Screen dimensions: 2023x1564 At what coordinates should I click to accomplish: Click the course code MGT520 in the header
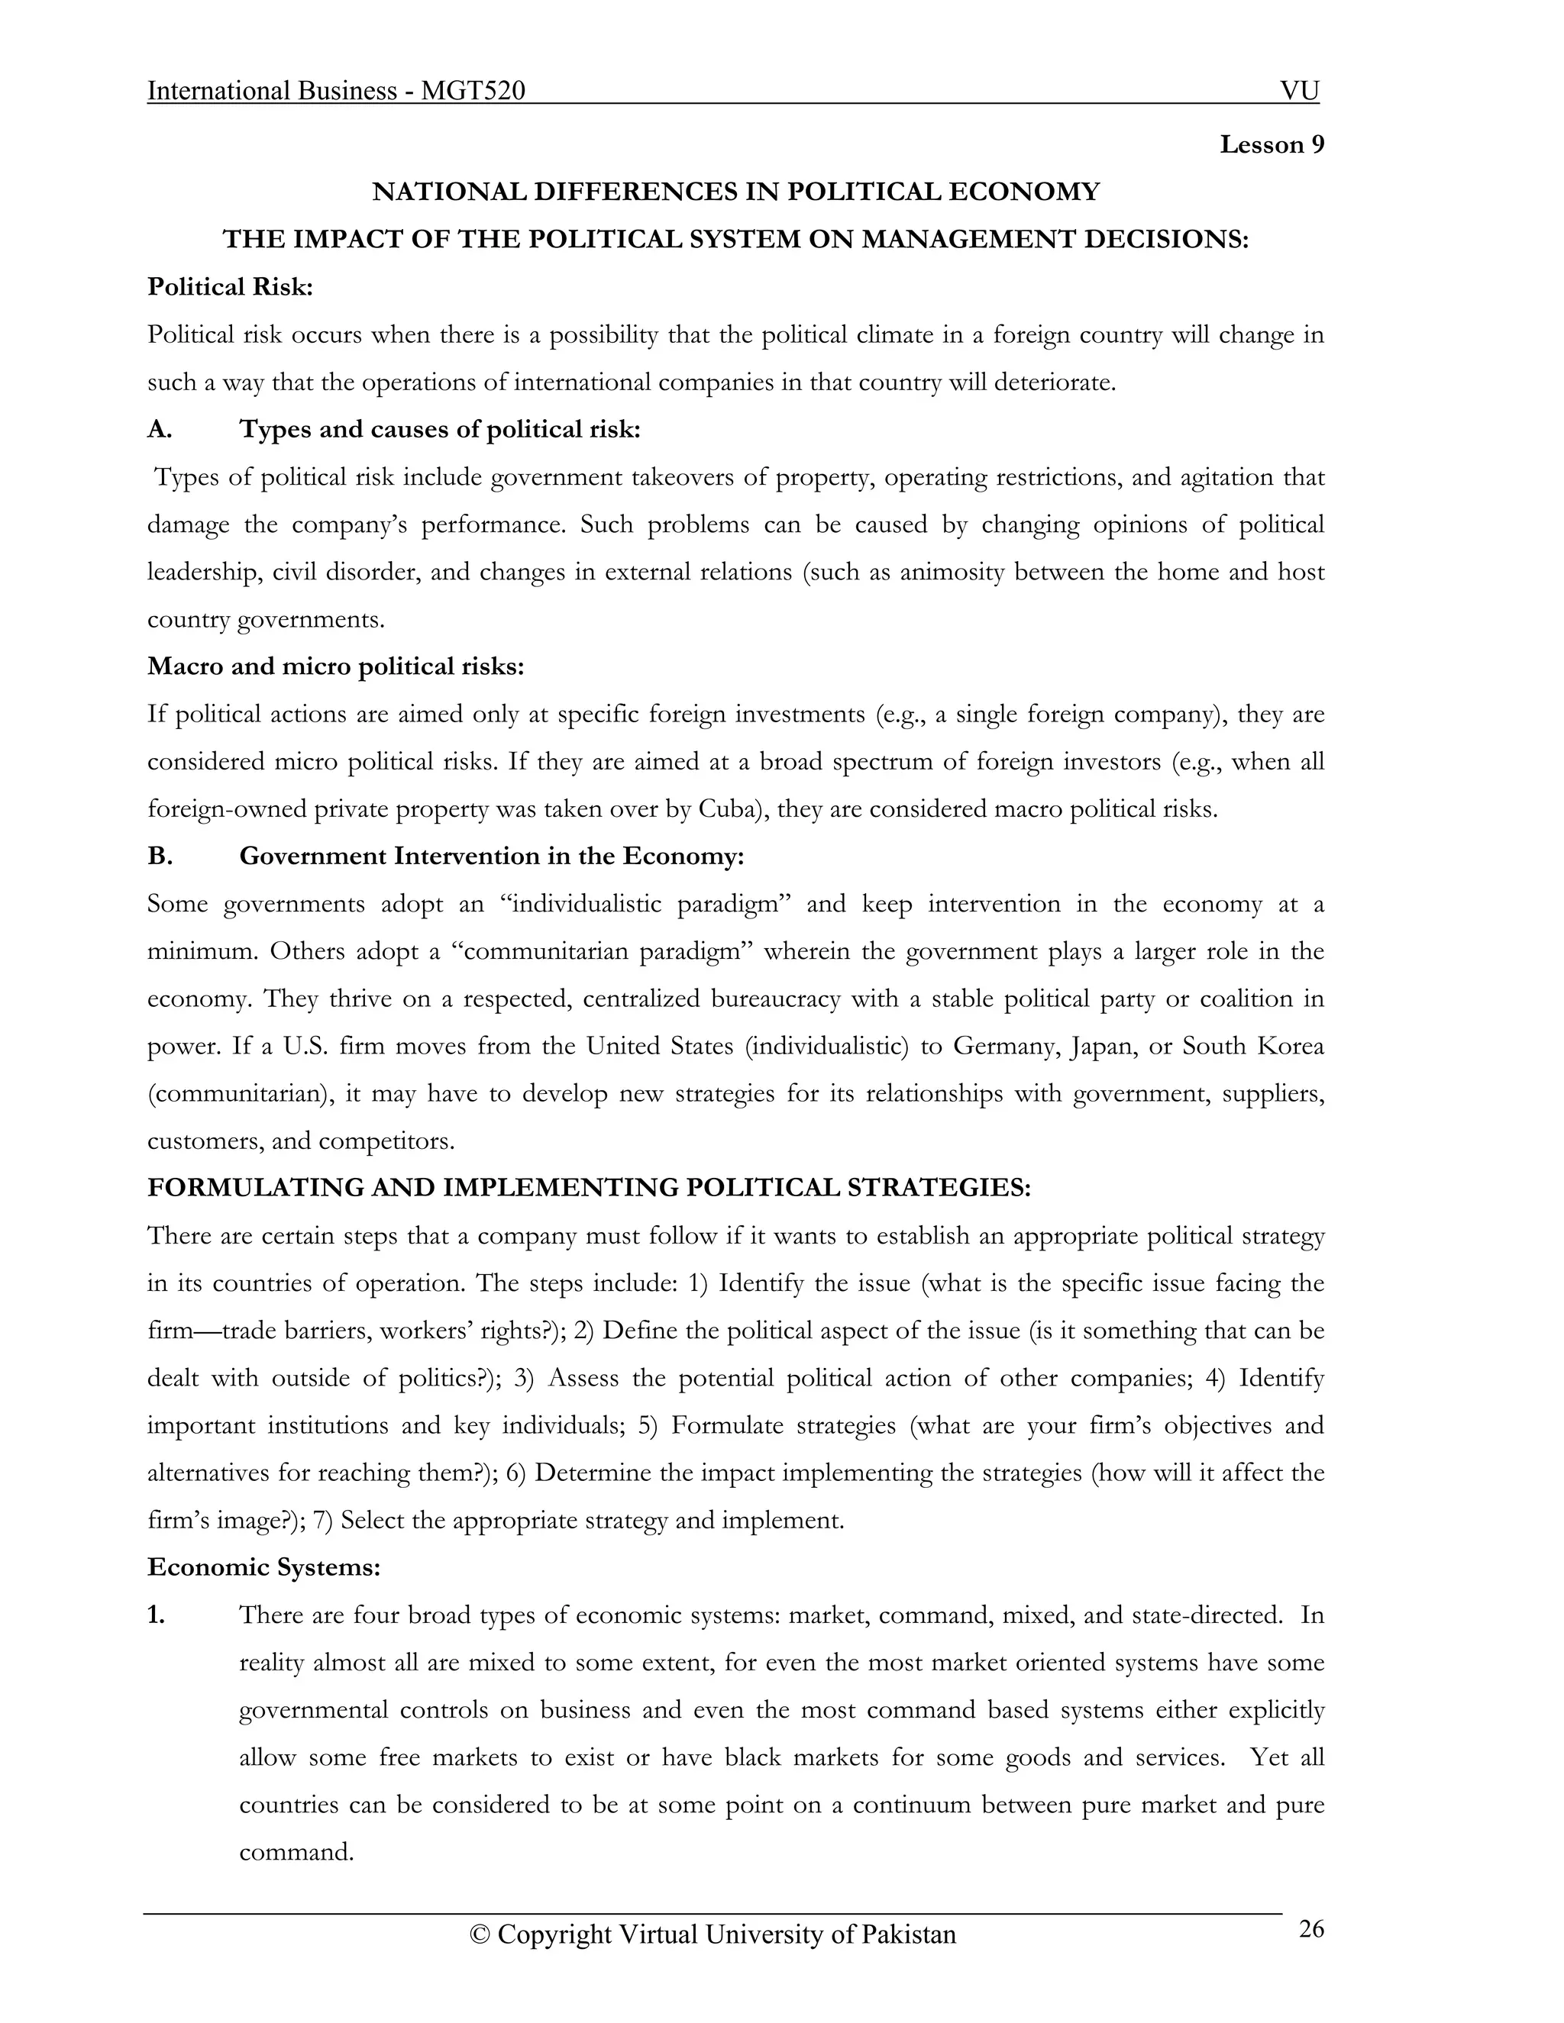[x=473, y=91]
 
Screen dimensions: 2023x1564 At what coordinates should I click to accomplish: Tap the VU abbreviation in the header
[x=1299, y=91]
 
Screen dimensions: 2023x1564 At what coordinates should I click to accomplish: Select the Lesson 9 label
[x=1272, y=144]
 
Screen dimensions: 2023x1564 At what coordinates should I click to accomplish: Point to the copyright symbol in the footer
[x=479, y=1935]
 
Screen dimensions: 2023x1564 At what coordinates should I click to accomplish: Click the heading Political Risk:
[x=231, y=287]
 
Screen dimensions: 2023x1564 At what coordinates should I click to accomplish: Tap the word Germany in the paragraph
[x=1005, y=1046]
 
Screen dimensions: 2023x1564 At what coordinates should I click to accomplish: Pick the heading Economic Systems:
[x=264, y=1567]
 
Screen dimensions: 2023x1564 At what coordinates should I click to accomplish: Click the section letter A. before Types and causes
[x=160, y=430]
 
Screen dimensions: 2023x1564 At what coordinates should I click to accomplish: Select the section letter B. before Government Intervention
[x=160, y=856]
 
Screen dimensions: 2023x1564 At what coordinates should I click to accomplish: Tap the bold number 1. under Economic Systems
[x=156, y=1615]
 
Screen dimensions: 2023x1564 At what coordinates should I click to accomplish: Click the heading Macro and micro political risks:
[x=335, y=667]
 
